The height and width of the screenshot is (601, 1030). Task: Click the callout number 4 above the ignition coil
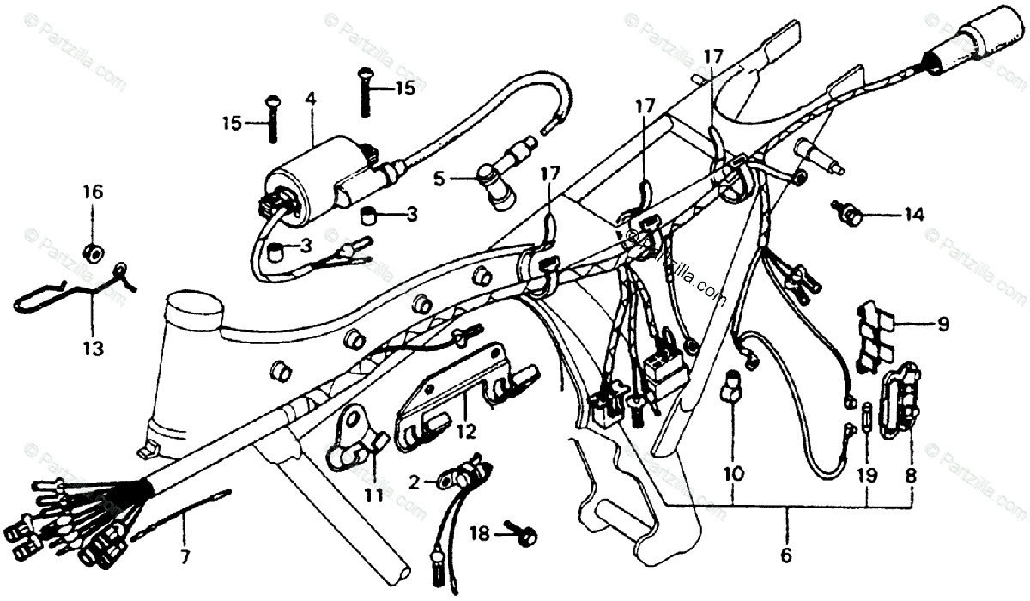tap(310, 100)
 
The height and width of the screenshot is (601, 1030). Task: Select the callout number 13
tap(93, 349)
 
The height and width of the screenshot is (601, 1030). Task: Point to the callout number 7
tap(182, 555)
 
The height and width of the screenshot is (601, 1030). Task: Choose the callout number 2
tap(414, 483)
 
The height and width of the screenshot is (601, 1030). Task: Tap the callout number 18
tap(479, 534)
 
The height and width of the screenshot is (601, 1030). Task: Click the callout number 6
tap(785, 555)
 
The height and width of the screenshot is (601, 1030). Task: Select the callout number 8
tap(910, 473)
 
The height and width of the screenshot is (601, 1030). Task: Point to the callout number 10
tap(733, 473)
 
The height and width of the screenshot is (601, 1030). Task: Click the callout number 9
tap(942, 325)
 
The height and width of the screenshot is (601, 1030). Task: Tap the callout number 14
tap(912, 215)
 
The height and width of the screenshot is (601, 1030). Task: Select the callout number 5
tap(439, 179)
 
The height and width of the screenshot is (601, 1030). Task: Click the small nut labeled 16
tap(93, 252)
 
